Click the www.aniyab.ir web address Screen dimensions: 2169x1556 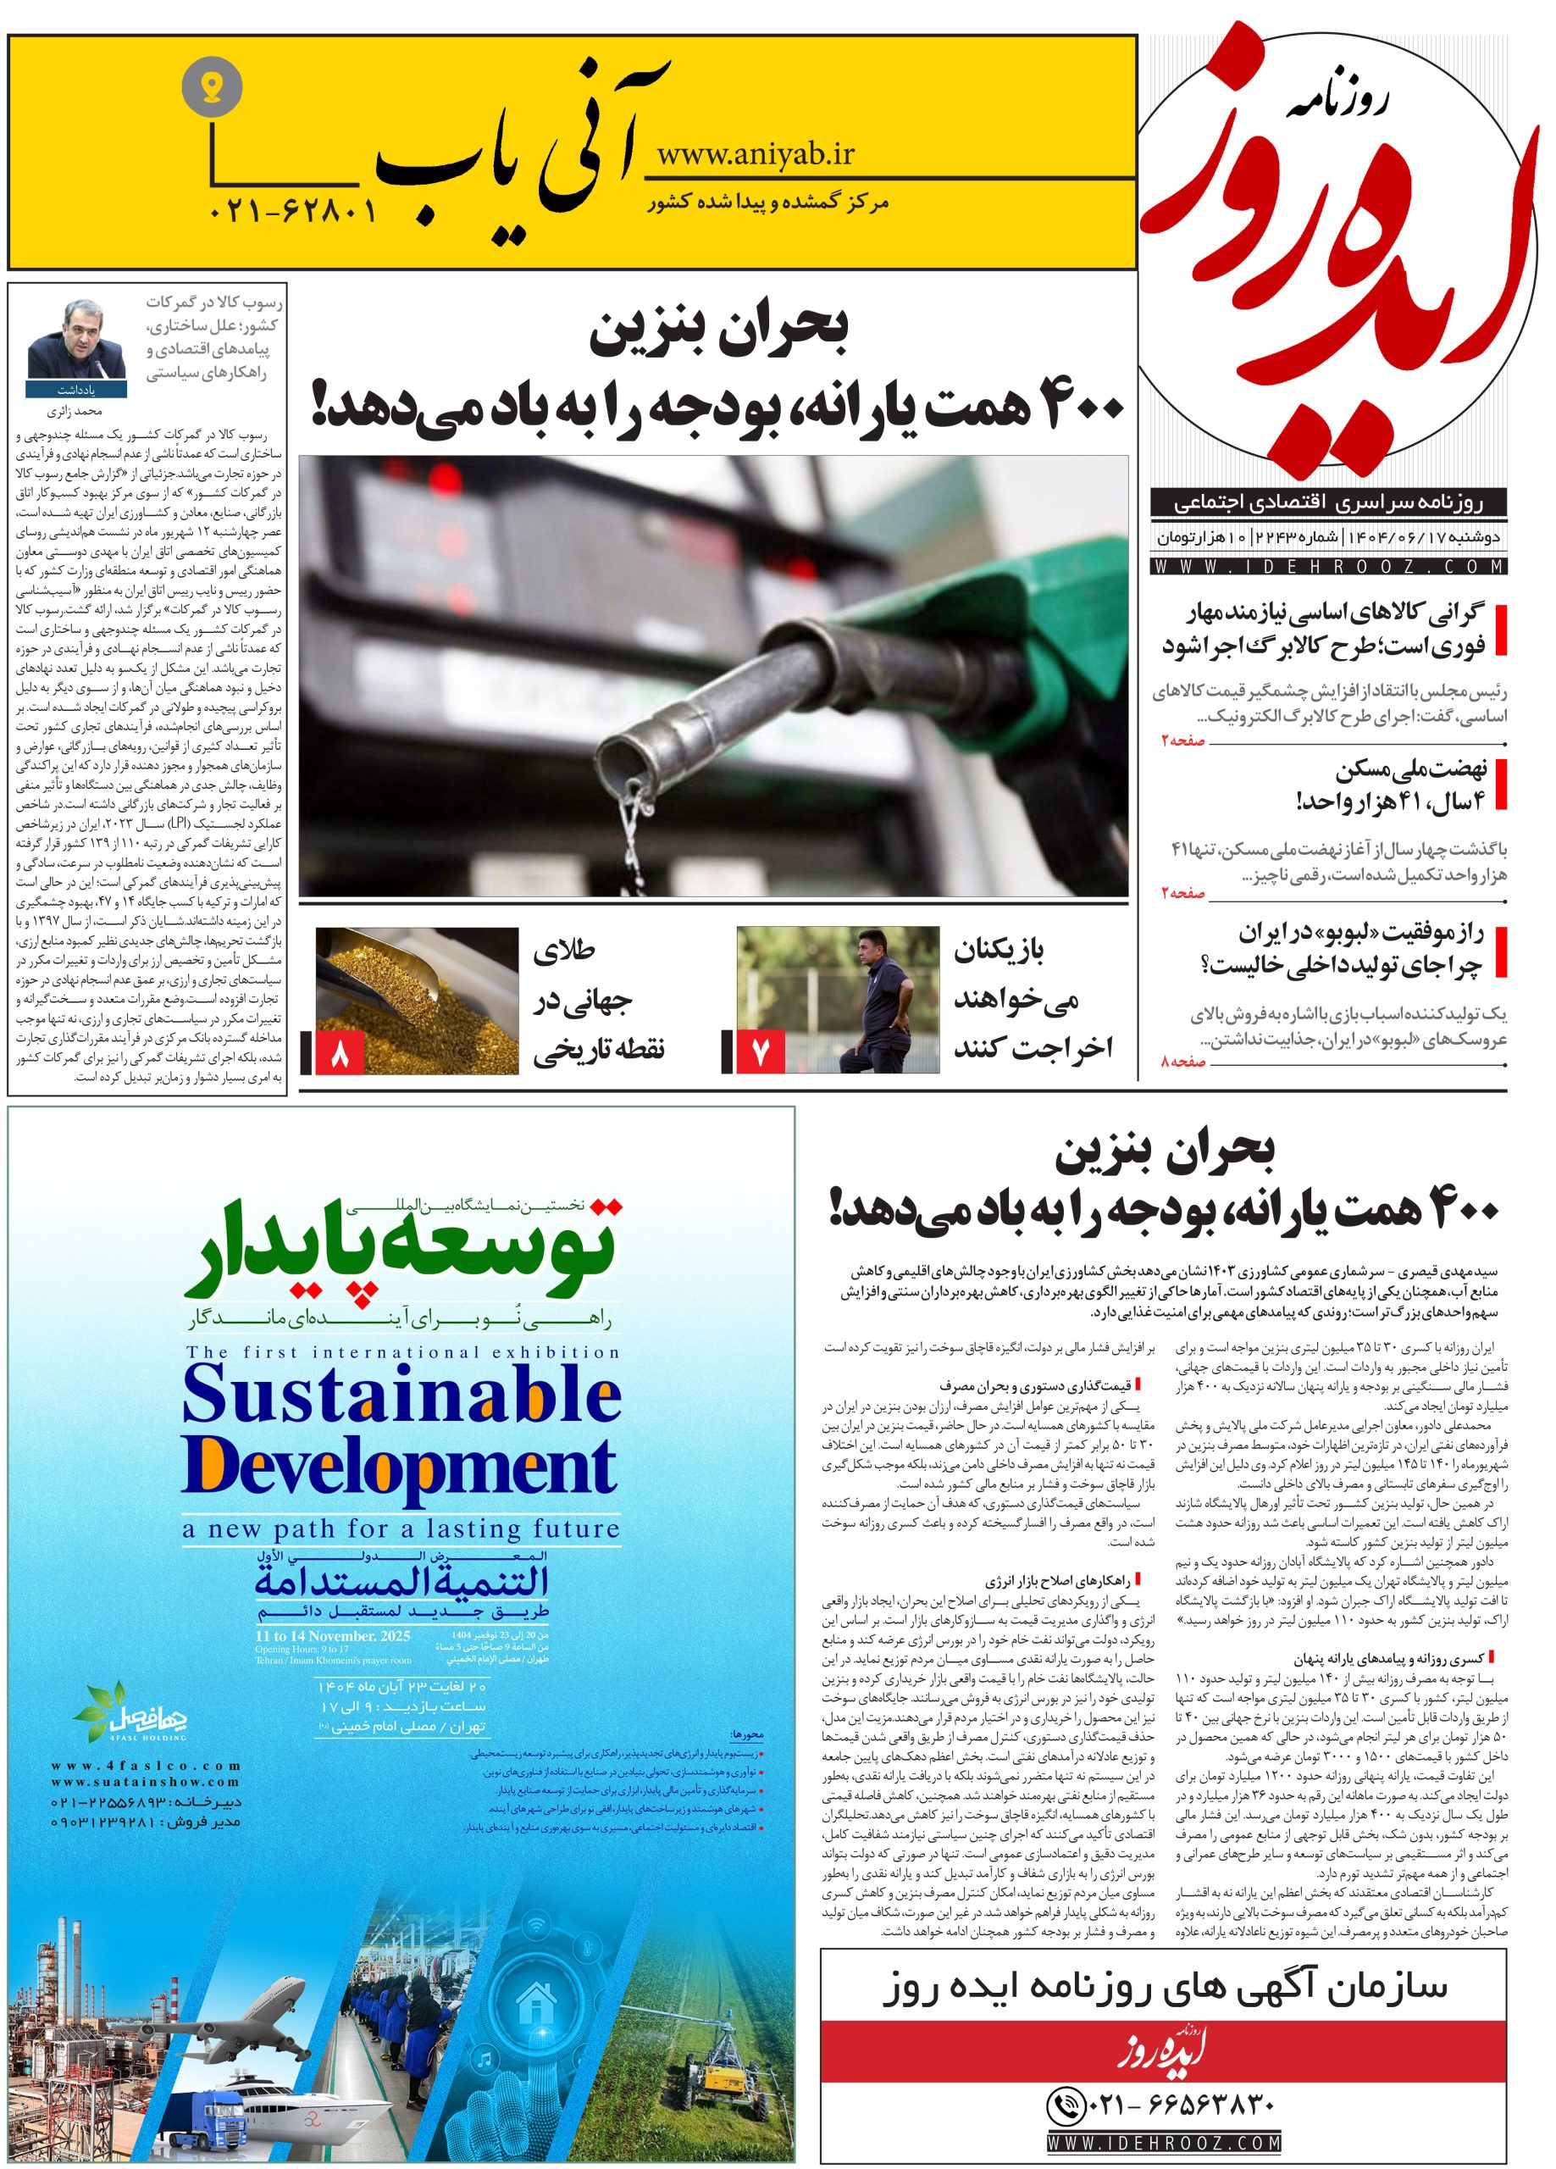[x=756, y=152]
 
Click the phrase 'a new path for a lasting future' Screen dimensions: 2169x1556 [x=401, y=1529]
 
